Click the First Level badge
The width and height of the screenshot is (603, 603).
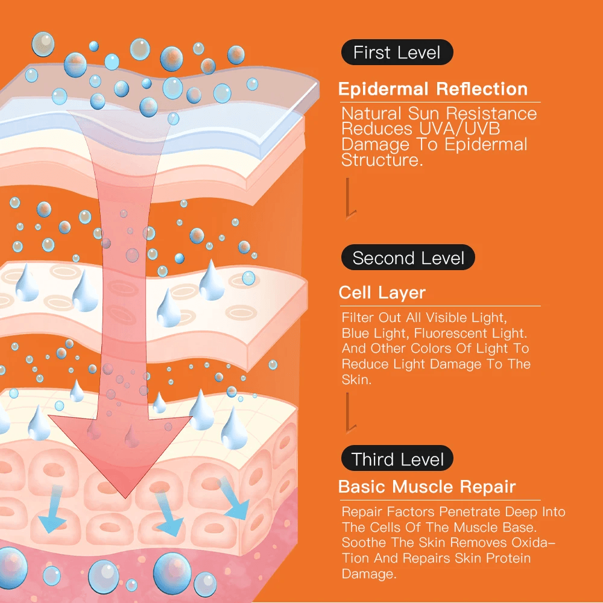point(397,52)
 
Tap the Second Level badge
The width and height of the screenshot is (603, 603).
point(408,258)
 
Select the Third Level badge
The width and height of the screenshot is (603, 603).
point(397,459)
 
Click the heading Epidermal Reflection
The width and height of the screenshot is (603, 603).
point(432,89)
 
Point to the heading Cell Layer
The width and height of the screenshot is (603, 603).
point(382,293)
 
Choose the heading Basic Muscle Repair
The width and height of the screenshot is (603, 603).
point(427,487)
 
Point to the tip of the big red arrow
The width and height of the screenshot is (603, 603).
point(124,496)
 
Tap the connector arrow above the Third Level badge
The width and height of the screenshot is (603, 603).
point(349,413)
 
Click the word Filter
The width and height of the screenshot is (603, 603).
point(358,317)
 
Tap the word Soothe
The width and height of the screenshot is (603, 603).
point(363,543)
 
